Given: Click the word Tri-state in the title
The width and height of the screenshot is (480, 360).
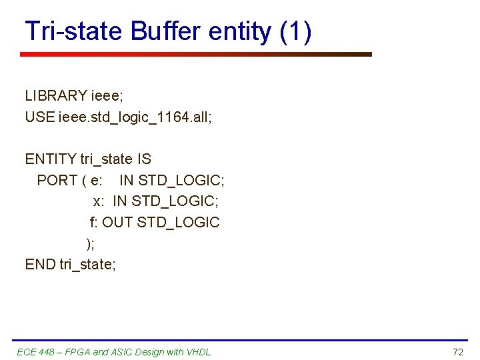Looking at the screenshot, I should pos(74,31).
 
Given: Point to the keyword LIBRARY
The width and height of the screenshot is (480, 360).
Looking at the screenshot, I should pos(56,96).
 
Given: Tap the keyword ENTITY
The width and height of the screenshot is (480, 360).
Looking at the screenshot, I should pos(51,159).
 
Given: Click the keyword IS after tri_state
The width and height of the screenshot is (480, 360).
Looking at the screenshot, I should pos(144,159).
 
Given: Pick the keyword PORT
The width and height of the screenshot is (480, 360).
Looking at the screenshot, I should pos(56,180).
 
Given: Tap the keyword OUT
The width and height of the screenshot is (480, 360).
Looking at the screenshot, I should pos(117,222).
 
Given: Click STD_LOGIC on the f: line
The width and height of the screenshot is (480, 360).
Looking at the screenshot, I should pos(178,222).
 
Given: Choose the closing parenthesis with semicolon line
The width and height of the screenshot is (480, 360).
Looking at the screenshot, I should pos(91,243).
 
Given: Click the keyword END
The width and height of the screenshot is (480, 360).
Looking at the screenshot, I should pos(40,264).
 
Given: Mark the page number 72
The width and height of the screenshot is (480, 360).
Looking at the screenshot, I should pos(457,352).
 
